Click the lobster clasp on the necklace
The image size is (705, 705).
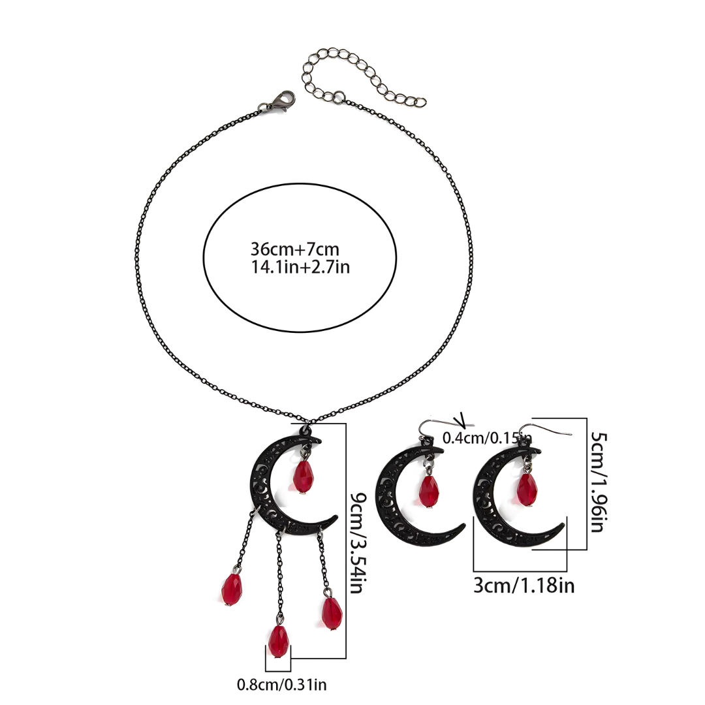279,102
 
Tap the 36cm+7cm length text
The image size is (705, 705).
294,249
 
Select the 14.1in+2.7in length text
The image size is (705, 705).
300,267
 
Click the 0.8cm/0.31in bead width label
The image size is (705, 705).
282,685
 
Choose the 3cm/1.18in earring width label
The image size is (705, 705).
524,586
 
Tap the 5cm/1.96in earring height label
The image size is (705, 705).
599,482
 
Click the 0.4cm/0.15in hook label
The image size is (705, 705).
488,438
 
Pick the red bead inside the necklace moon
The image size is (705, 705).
303,477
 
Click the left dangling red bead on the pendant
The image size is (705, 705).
232,589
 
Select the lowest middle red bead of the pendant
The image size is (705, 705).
279,641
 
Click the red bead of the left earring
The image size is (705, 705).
429,492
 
